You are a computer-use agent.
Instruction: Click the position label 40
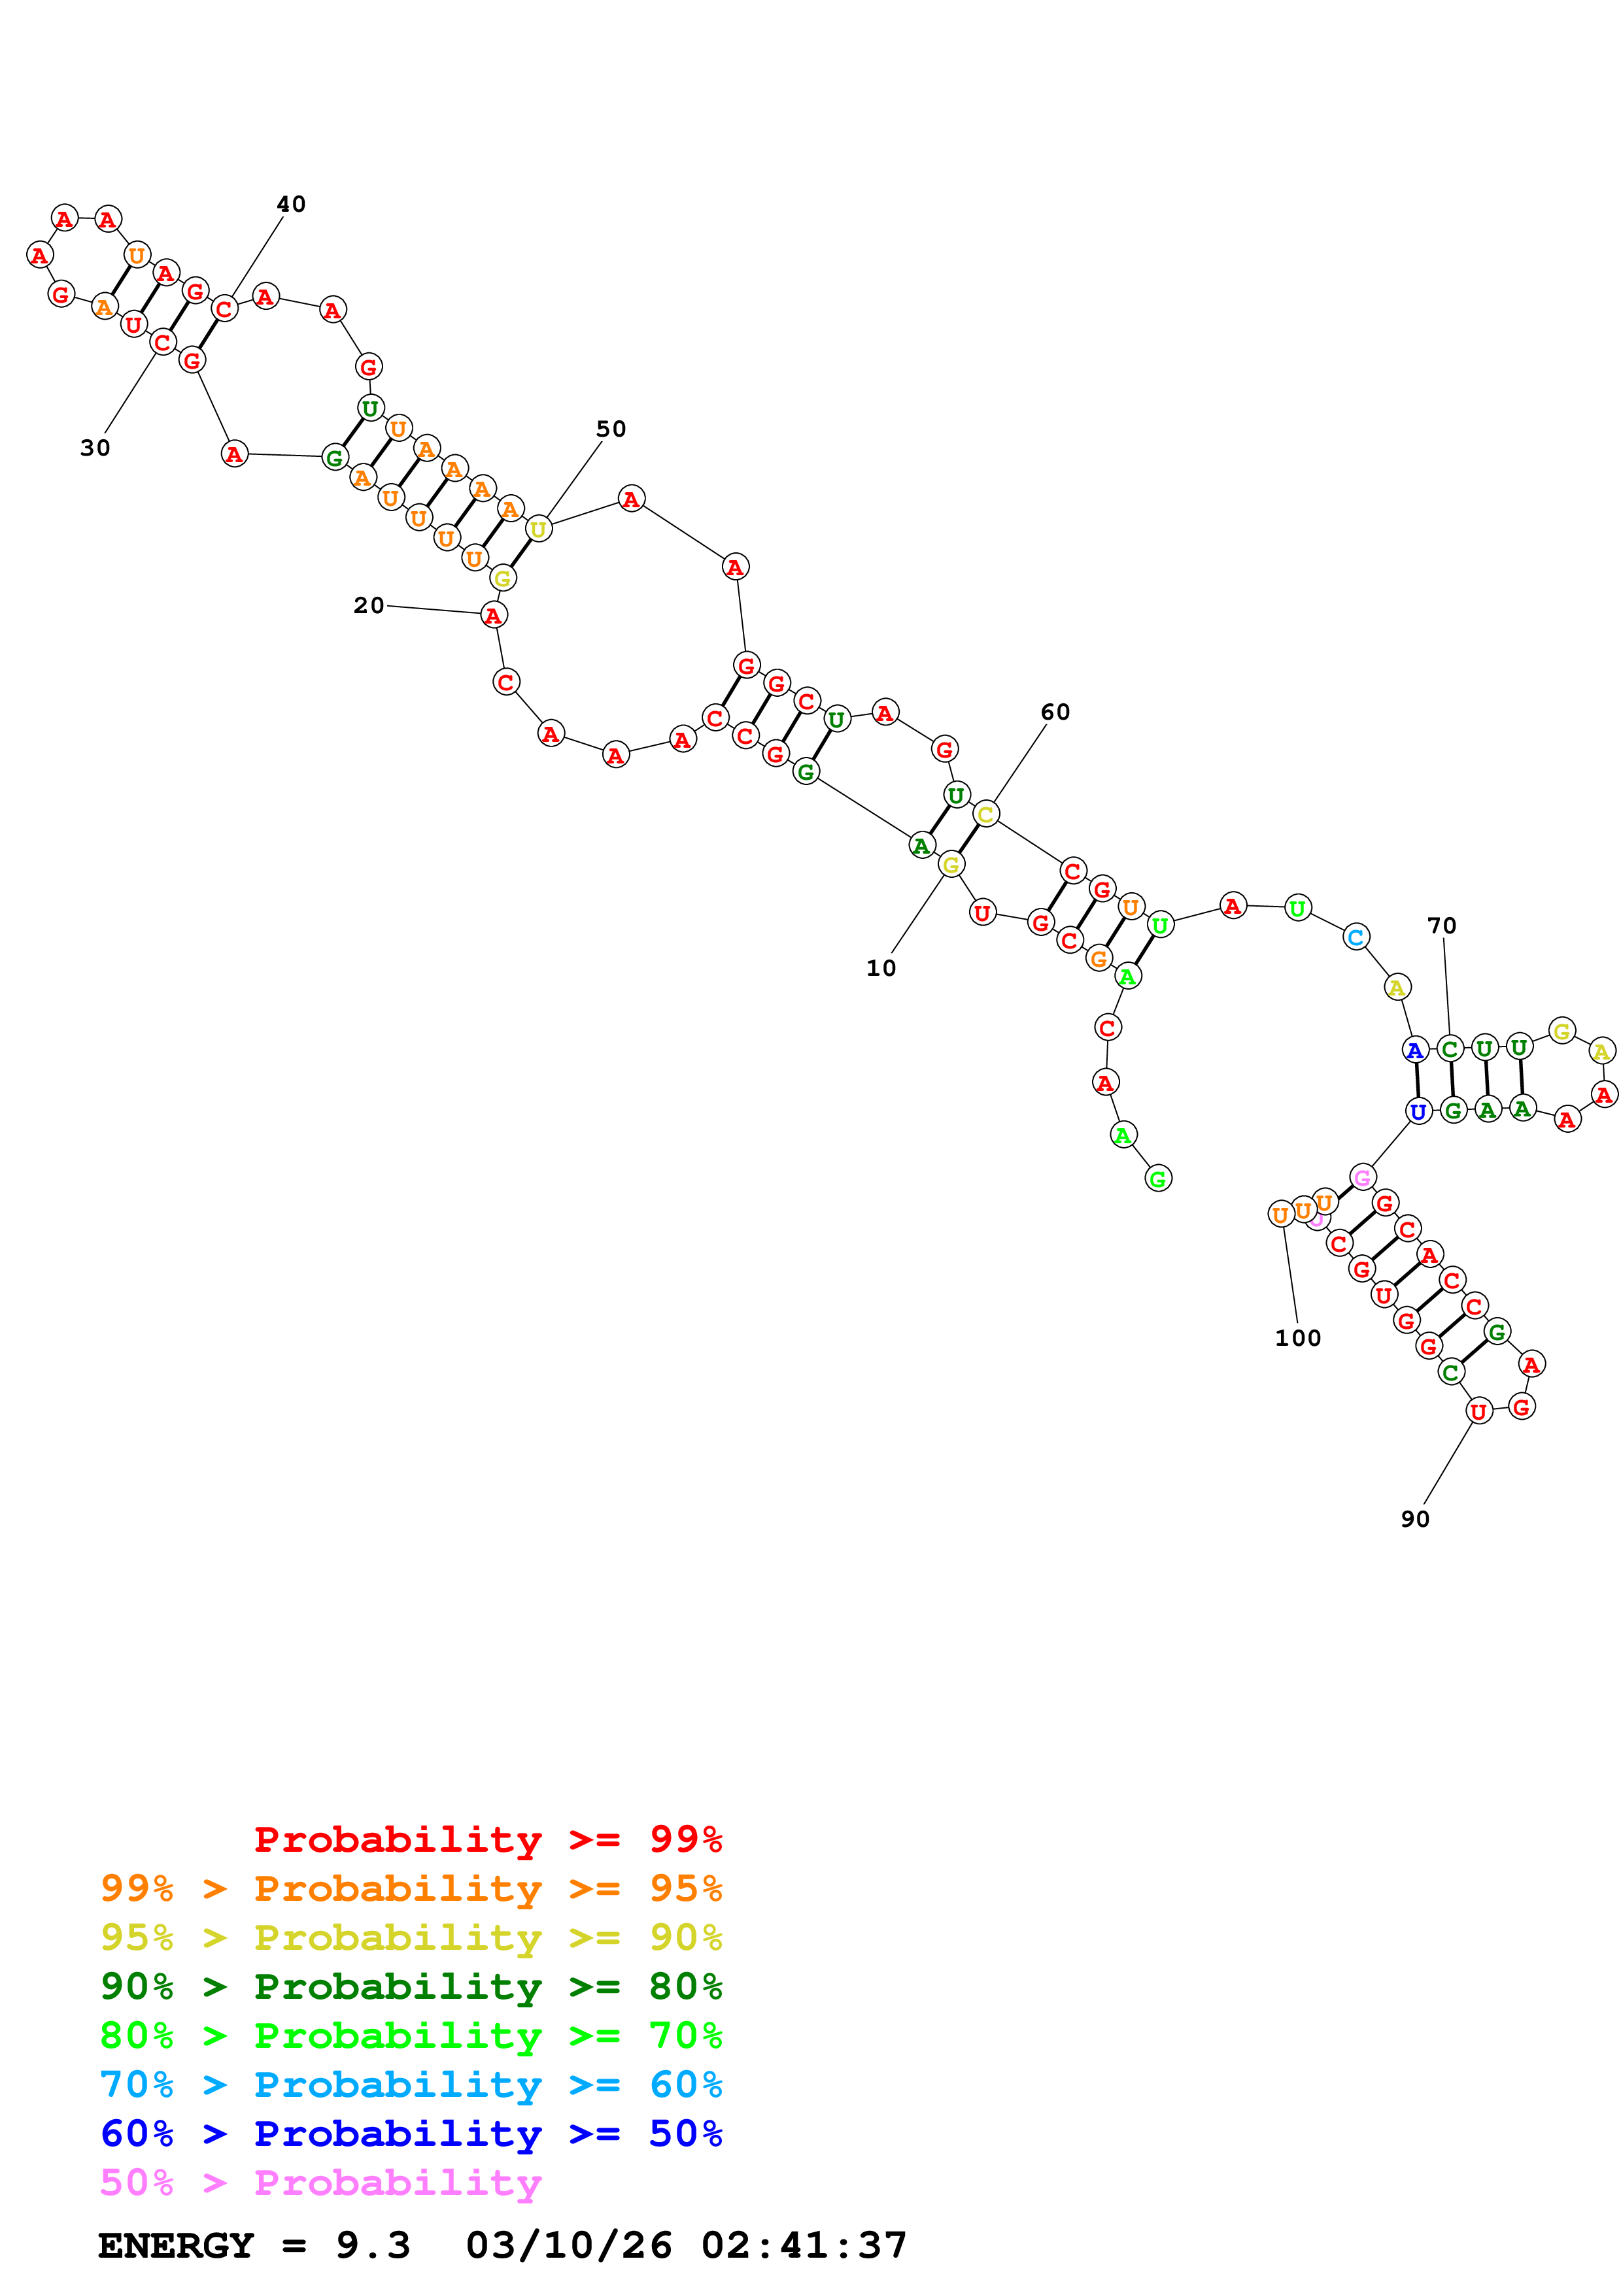point(290,205)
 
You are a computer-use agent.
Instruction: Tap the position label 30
point(95,448)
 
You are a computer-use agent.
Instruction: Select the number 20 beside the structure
point(369,605)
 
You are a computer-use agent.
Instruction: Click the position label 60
point(1055,712)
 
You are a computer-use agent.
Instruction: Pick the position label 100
point(1297,1338)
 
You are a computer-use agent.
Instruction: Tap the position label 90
point(1414,1519)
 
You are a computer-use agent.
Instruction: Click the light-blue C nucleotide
point(1356,938)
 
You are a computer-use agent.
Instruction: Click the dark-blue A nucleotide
point(1414,1050)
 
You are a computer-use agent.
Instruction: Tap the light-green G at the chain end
point(1157,1179)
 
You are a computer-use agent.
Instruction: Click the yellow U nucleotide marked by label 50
point(538,529)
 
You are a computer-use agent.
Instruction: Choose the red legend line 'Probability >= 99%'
point(487,1839)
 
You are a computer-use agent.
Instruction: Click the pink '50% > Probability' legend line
point(320,2183)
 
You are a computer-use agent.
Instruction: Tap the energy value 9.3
point(373,2246)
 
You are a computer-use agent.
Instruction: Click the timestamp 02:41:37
point(804,2246)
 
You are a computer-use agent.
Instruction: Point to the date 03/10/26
point(570,2246)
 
